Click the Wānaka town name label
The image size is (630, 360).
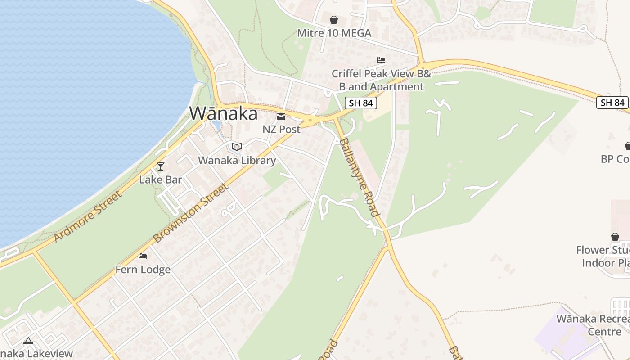(x=224, y=113)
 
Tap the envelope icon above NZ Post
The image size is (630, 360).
(x=281, y=117)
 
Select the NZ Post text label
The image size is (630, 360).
(x=281, y=129)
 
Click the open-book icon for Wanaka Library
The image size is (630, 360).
(x=237, y=147)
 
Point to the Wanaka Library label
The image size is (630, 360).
(x=237, y=160)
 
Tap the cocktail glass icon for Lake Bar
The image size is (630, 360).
(x=161, y=166)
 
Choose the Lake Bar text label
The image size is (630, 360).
(x=161, y=180)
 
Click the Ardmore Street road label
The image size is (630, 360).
(x=87, y=216)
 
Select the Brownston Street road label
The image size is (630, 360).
(x=191, y=213)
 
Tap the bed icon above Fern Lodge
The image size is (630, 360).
(x=143, y=256)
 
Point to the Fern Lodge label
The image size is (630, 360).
(x=143, y=269)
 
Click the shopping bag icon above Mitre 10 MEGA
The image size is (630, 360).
(x=334, y=20)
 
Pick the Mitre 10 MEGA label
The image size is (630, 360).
(x=334, y=33)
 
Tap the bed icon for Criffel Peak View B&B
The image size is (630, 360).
(x=381, y=60)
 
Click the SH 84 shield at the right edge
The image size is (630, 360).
(x=612, y=103)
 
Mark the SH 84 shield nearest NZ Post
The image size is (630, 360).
(x=361, y=103)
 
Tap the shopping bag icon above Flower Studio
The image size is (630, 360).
(x=615, y=237)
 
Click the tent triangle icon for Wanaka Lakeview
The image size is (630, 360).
(x=28, y=341)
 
